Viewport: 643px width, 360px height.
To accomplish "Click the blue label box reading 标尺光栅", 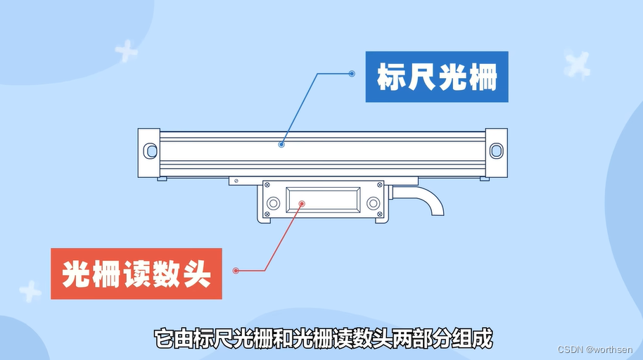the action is (437, 77).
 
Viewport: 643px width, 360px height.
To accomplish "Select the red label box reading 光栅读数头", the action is (136, 274).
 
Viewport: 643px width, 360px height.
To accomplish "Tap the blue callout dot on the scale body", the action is (281, 144).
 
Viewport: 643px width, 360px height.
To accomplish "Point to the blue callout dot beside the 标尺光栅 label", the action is (352, 74).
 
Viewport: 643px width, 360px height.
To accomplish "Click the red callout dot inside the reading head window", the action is (302, 204).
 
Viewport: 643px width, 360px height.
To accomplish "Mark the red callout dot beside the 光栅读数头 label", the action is (236, 271).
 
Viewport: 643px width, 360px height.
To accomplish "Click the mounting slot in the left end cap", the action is (150, 150).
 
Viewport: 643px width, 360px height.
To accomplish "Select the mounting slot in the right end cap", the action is (496, 150).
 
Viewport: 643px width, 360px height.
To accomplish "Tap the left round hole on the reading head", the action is (273, 203).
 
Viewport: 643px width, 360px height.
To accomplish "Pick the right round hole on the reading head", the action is (373, 203).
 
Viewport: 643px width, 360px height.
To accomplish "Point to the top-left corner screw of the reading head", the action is (267, 185).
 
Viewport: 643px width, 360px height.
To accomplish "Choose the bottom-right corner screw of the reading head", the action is (379, 214).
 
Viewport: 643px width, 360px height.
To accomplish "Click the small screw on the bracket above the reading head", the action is (236, 181).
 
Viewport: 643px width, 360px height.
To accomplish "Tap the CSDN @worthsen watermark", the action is (595, 349).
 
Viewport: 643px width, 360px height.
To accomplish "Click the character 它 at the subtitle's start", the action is (163, 338).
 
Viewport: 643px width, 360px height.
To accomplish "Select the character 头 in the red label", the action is (197, 274).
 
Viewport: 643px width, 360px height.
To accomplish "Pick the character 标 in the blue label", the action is (391, 77).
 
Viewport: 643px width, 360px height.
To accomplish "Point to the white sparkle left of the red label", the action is (30, 291).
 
